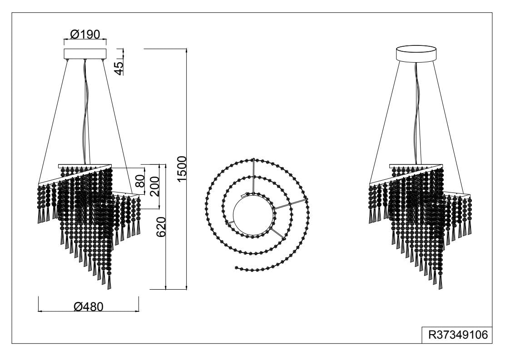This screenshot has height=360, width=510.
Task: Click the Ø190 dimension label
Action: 85,34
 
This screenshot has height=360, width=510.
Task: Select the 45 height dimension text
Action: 119,68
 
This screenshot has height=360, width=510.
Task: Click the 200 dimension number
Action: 155,186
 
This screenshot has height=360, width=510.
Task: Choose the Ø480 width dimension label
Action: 88,306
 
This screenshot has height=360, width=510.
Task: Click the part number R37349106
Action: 458,335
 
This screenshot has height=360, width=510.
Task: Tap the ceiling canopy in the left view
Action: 85,54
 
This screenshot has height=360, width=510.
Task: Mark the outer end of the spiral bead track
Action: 235,267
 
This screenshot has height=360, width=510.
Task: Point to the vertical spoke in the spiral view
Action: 253,176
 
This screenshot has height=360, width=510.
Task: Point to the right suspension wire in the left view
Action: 119,127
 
